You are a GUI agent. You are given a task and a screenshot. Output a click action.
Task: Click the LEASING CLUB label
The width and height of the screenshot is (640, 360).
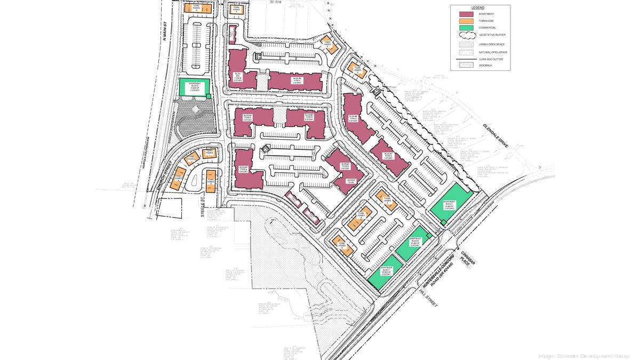[x=351, y=181]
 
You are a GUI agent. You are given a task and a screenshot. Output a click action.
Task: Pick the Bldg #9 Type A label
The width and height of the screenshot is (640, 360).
[x=297, y=80]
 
